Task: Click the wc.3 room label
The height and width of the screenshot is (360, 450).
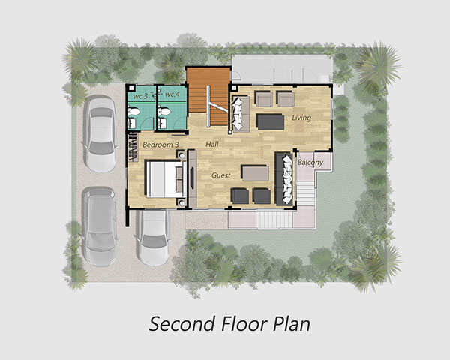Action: point(140,96)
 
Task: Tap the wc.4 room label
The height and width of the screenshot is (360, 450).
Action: point(172,94)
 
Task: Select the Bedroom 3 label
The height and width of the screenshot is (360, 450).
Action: point(160,145)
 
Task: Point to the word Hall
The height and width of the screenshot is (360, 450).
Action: point(212,145)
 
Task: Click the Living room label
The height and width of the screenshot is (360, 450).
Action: point(301,118)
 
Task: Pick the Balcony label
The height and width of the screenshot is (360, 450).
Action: point(310,163)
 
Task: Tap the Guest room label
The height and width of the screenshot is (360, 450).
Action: point(221,175)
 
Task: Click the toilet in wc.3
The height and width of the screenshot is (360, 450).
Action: point(133,111)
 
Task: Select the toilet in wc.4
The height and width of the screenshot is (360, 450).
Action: point(163,110)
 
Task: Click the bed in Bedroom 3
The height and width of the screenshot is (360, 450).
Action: point(165,178)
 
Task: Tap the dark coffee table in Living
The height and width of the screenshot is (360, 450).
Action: point(270,122)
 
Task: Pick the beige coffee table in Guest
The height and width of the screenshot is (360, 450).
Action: point(256,173)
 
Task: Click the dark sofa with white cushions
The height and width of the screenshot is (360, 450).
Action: point(284,179)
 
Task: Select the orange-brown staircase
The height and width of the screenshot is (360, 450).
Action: point(209,96)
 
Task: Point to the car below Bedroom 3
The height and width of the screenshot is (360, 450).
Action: point(152,238)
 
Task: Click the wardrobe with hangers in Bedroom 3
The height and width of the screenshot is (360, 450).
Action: point(133,147)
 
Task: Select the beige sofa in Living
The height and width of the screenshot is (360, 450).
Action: point(241,114)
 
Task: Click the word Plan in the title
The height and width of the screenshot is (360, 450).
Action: point(291,324)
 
